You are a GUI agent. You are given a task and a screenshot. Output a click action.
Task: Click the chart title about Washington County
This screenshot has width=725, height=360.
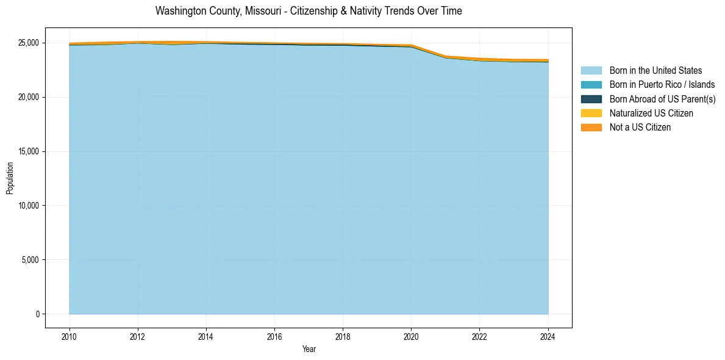coord(309,11)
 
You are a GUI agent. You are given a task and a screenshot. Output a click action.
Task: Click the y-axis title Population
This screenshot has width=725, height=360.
coord(10,178)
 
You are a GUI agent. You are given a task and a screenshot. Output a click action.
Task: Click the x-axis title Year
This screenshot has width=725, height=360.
coord(309,349)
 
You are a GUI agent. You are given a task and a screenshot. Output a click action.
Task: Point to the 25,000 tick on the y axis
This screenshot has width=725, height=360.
coord(28,43)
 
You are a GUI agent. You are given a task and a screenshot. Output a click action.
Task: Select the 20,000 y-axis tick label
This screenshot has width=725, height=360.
coord(28,98)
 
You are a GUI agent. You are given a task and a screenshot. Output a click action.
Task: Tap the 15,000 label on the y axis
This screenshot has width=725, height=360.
coord(28,152)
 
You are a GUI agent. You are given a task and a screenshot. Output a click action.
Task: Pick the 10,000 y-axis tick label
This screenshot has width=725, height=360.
coord(28,206)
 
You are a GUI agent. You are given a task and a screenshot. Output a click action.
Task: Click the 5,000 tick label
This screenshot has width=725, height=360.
coord(30,260)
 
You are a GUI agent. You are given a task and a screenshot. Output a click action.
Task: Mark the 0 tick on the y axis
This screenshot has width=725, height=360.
coord(38,314)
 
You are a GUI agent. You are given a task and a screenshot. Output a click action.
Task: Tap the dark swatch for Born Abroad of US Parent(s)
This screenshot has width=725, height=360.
coord(591,99)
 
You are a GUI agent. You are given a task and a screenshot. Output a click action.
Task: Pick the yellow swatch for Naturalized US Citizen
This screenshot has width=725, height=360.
coord(591,113)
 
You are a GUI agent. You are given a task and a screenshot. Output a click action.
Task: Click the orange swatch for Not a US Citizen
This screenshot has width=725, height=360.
coord(591,128)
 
